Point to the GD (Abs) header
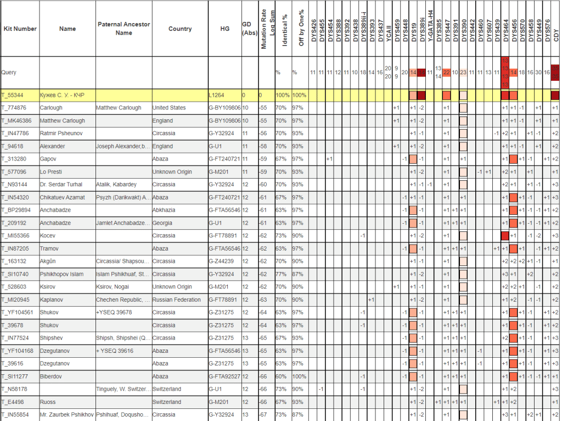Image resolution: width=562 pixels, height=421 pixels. click(x=246, y=29)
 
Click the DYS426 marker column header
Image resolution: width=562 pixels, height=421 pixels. click(x=313, y=29)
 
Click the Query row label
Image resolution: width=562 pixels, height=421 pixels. click(x=9, y=72)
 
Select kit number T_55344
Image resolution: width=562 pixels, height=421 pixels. click(x=15, y=95)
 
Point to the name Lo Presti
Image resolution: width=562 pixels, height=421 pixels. click(x=51, y=171)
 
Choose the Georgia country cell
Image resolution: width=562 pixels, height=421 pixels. click(x=163, y=223)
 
